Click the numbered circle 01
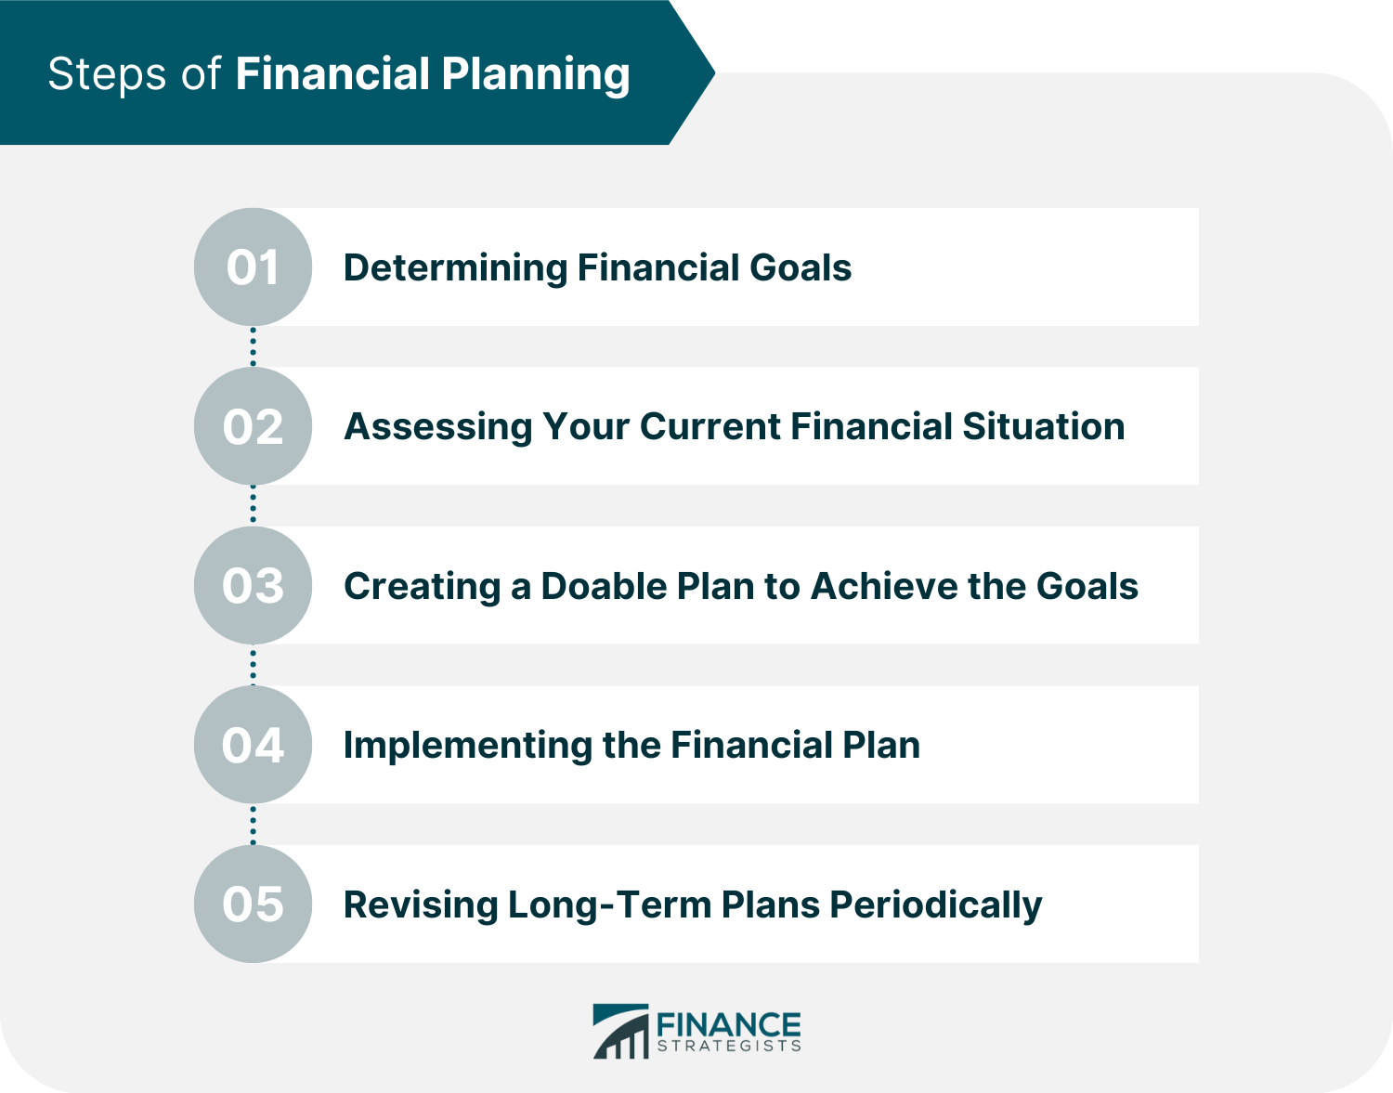(x=253, y=267)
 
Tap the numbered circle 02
(x=253, y=426)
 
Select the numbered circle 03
(x=253, y=586)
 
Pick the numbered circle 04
(x=253, y=745)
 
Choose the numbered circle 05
(x=253, y=904)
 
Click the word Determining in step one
(x=455, y=268)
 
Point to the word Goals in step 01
(x=801, y=268)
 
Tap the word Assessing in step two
(x=438, y=427)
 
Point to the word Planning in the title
(x=536, y=74)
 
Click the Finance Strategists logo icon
(x=620, y=1031)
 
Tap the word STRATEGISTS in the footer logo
(x=729, y=1046)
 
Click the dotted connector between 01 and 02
(x=253, y=346)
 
